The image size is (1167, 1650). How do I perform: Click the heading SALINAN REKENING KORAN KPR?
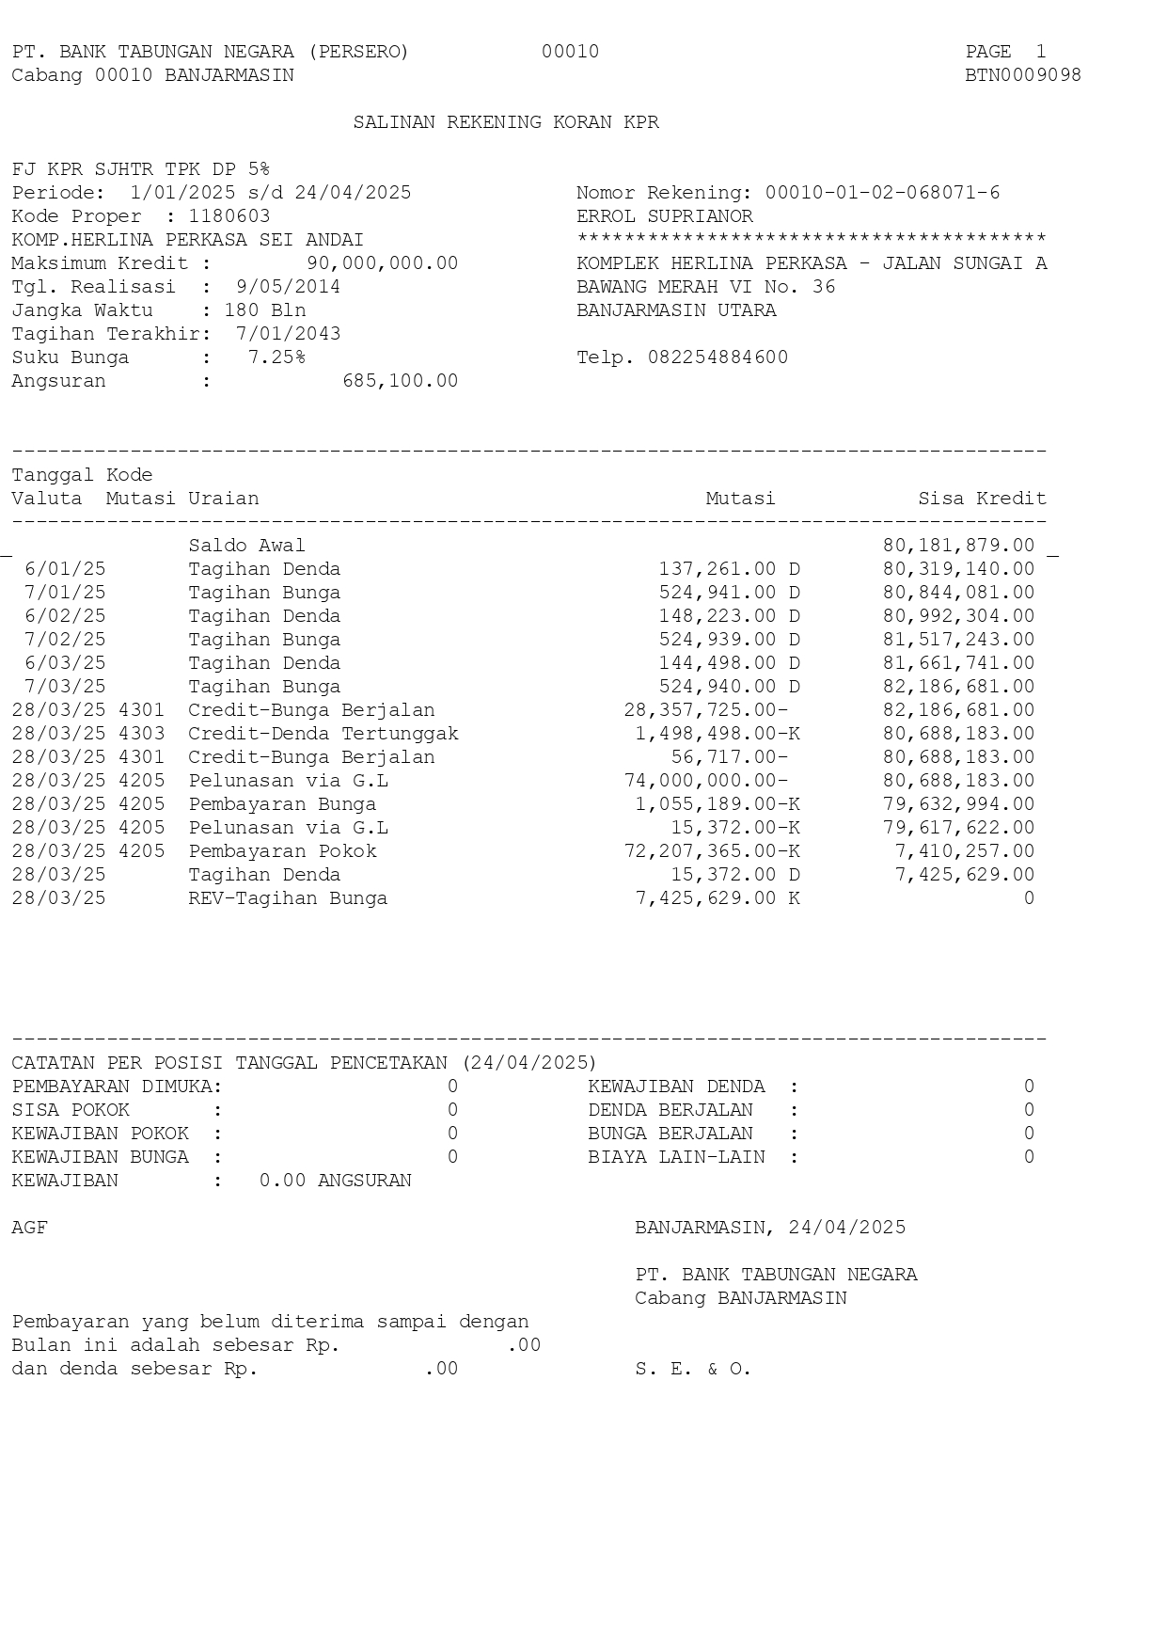506,122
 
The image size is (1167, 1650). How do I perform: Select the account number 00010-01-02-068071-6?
882,193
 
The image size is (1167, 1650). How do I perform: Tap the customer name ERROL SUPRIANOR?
665,216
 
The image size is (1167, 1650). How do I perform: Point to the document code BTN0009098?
1023,75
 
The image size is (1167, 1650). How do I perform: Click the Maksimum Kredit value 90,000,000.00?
383,263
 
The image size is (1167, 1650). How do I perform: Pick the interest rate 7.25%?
276,357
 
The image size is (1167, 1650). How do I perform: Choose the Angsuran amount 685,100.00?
401,381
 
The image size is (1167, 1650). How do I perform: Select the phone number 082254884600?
718,357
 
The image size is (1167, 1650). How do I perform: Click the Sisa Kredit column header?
982,499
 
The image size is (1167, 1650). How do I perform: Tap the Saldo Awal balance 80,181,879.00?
958,546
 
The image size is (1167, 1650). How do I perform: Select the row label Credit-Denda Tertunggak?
323,734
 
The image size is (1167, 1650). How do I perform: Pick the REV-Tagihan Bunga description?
288,898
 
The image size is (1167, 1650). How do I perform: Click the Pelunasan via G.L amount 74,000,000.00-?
705,781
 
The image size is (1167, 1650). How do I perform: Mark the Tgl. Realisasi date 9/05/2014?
288,287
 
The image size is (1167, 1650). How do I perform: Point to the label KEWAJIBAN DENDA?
676,1087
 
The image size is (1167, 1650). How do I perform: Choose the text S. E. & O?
693,1369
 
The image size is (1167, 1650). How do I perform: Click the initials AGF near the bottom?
29,1228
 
